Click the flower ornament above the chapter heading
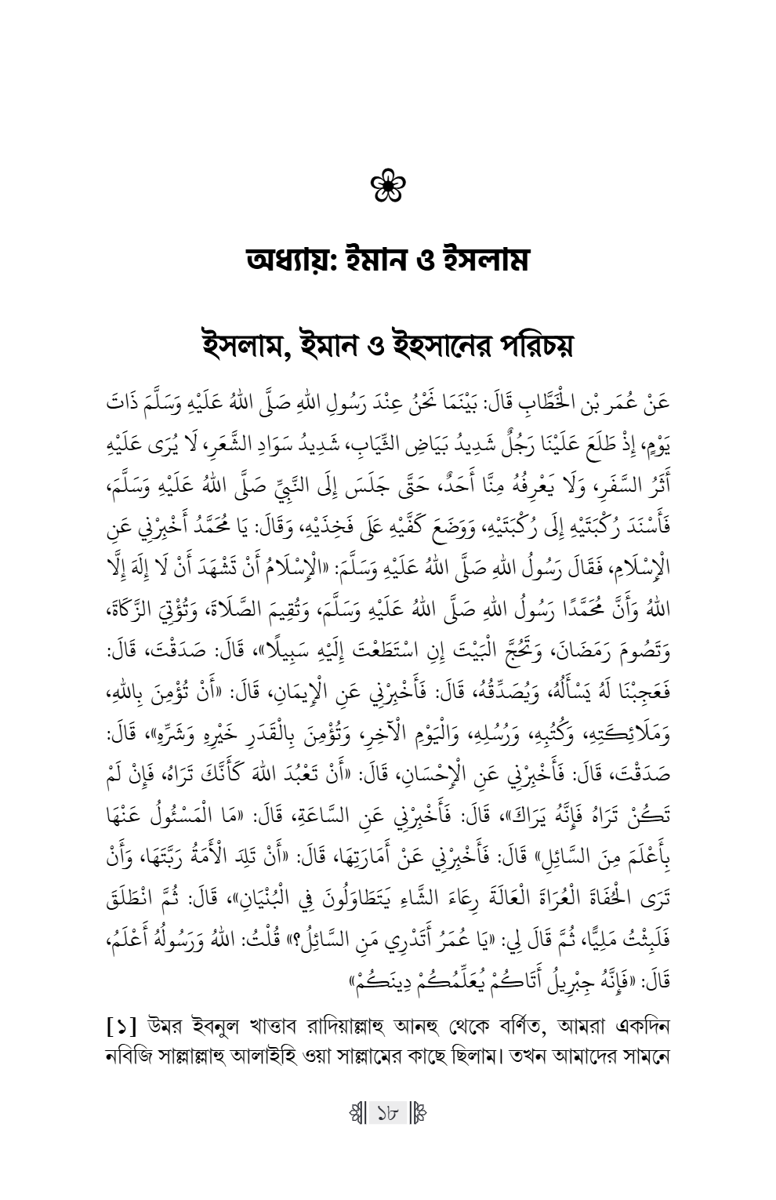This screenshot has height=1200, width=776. [x=388, y=188]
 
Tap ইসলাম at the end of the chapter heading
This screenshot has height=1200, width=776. [x=485, y=259]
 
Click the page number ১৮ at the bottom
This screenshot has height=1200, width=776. [x=388, y=1114]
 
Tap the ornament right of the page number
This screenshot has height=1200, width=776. [x=420, y=1114]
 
